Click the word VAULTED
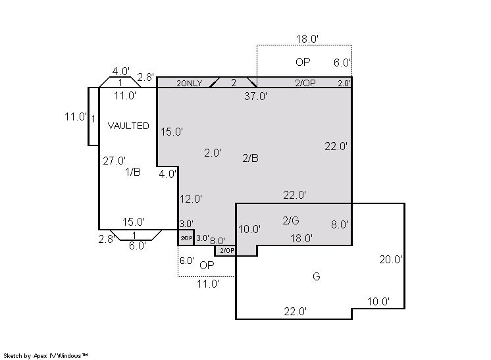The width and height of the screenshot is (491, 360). [128, 126]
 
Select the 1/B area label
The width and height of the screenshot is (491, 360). [133, 172]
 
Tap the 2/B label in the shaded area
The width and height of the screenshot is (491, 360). [251, 158]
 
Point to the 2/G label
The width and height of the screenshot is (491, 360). [291, 220]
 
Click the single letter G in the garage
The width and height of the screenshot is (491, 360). [317, 276]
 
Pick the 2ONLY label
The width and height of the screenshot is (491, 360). [189, 84]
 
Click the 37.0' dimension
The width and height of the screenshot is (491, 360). [255, 96]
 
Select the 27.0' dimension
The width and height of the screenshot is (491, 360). [115, 161]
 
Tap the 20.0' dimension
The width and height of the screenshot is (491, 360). [391, 259]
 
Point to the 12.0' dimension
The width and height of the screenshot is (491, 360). [191, 199]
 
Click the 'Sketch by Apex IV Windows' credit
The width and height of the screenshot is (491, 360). [45, 356]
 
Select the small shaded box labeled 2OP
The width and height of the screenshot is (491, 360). [186, 238]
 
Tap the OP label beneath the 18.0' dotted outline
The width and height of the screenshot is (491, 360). [303, 62]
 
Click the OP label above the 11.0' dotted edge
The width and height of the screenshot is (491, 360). [207, 265]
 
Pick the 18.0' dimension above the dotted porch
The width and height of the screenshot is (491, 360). [307, 39]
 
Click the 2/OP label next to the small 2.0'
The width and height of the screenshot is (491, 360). [305, 83]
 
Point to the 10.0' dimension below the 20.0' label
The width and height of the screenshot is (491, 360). [378, 302]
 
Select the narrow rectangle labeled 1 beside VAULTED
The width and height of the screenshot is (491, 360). [93, 116]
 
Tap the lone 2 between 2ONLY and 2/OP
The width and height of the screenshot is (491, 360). [234, 83]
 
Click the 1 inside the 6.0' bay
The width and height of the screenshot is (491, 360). [134, 235]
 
